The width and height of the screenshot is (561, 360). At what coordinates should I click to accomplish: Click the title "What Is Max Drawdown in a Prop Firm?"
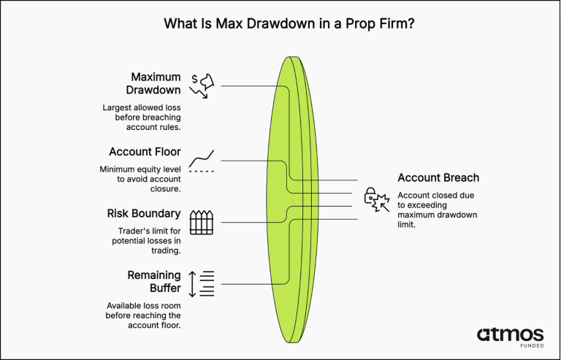point(289,24)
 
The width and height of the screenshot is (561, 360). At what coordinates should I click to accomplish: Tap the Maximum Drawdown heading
point(153,83)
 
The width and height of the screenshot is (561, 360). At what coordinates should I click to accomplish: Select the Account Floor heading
point(145,152)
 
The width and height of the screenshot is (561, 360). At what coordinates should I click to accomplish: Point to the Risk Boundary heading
point(144,213)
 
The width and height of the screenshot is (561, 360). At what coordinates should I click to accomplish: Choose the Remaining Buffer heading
point(154,281)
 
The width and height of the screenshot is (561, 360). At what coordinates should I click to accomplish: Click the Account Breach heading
point(438,177)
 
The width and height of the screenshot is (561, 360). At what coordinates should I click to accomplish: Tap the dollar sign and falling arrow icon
point(202,86)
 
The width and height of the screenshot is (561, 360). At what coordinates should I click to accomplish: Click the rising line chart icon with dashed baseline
point(202,161)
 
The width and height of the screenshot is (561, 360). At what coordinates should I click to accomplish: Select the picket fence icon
point(202,223)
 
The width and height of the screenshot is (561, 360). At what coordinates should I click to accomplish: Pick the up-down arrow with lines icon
point(202,284)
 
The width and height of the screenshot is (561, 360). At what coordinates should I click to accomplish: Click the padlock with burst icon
point(377,199)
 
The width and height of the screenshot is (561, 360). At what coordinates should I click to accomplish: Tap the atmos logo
point(510,335)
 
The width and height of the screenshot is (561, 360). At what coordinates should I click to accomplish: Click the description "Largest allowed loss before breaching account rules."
point(142,118)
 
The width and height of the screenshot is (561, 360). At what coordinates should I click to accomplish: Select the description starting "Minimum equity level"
point(140,179)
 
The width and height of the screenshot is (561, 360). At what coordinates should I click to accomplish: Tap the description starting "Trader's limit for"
point(146,240)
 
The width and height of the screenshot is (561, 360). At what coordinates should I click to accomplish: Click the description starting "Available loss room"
point(143,315)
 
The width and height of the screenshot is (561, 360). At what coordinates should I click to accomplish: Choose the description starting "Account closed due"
point(438,210)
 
